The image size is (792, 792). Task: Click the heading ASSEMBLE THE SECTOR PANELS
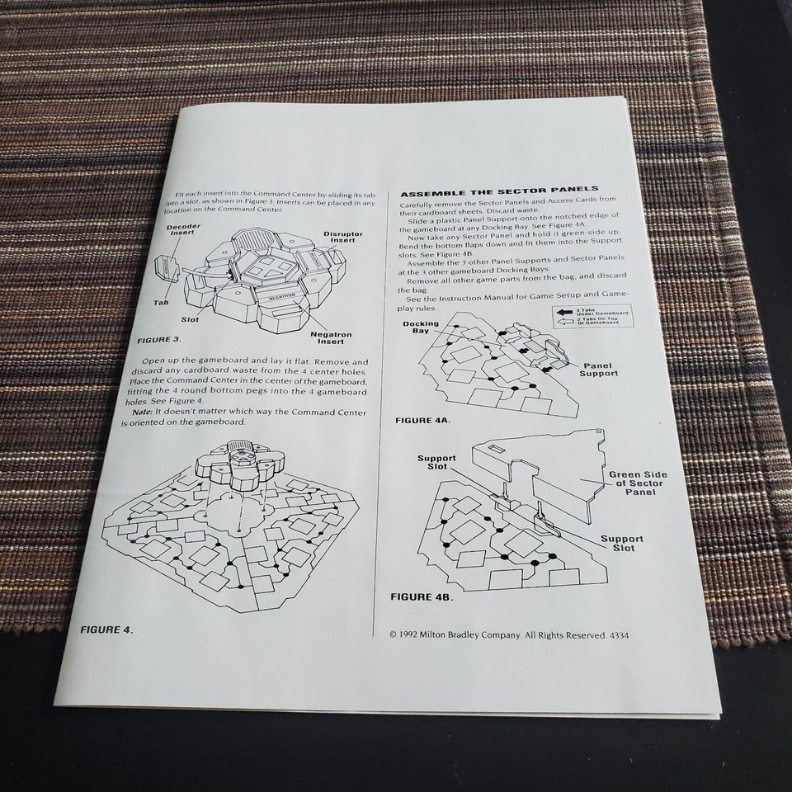[x=499, y=189]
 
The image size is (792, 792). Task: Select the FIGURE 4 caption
[x=106, y=629]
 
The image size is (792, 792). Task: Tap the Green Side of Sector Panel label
[x=638, y=483]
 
